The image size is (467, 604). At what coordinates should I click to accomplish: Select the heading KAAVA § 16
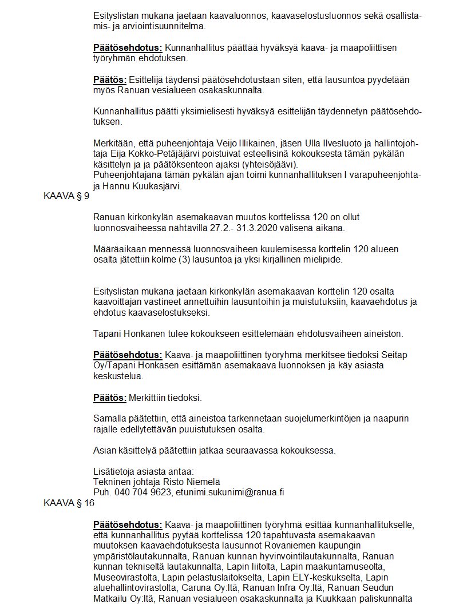(69, 503)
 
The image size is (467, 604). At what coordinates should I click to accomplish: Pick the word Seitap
(393, 355)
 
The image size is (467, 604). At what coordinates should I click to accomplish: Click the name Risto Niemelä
(192, 482)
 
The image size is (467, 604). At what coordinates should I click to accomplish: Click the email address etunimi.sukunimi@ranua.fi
(230, 492)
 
